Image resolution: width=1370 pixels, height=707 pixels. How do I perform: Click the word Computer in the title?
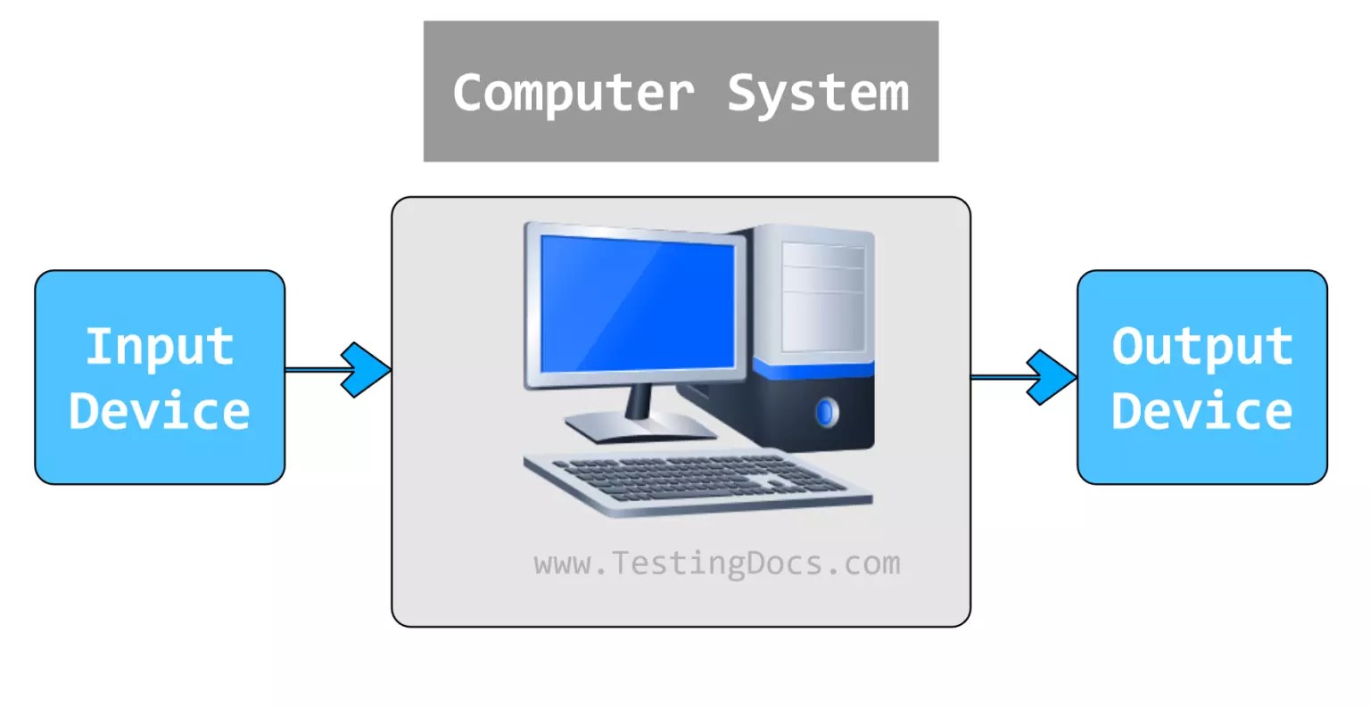[x=573, y=93]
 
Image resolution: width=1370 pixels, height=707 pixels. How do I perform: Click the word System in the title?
[x=818, y=93]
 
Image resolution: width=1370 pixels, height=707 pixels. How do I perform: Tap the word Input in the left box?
[x=160, y=346]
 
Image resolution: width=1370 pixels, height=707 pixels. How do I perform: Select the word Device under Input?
[x=160, y=411]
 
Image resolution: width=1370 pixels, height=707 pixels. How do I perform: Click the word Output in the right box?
[x=1202, y=346]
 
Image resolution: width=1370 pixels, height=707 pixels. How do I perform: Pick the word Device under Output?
[x=1202, y=411]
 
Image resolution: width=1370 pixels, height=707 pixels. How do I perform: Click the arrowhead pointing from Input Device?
[x=366, y=369]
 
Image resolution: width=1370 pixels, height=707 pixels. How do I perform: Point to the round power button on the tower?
[x=827, y=412]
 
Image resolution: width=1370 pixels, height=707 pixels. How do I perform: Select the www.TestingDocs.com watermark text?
[x=717, y=563]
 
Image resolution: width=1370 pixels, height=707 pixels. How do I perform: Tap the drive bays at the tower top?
[x=823, y=267]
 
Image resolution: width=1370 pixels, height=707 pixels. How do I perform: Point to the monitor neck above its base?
[x=639, y=400]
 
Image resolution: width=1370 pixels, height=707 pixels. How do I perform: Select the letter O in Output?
[x=1128, y=346]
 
